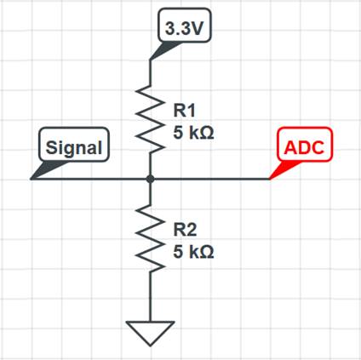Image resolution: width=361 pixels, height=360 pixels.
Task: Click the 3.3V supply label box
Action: coord(185,26)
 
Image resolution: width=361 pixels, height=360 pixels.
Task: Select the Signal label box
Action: coord(74,145)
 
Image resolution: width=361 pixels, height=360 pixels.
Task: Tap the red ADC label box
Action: coord(304,145)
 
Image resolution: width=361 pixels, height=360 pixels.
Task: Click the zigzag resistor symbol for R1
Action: coord(150,119)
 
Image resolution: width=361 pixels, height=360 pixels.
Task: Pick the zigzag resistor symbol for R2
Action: coord(150,238)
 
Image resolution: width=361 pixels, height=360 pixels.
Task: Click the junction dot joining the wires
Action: coord(150,179)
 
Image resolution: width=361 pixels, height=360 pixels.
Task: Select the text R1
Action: coord(185,110)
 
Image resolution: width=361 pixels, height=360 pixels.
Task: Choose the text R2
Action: coord(185,229)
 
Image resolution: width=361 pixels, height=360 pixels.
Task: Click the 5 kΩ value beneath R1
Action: coord(193,133)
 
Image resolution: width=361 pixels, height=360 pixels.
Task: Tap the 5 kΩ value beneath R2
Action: coord(193,252)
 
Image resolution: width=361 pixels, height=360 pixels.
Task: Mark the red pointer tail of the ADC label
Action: coord(283,169)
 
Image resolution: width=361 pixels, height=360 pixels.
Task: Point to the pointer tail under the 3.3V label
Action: coord(164,50)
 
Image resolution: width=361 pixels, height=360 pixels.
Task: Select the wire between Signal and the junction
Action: coord(90,179)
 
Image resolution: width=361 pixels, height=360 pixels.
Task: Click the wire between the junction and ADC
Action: coord(210,179)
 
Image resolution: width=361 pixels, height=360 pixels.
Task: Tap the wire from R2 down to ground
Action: coord(150,297)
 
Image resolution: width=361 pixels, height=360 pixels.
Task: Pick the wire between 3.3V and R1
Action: coord(150,72)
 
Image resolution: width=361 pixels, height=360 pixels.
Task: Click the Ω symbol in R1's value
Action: coord(208,133)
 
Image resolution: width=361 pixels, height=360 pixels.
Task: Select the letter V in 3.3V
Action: coord(198,28)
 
